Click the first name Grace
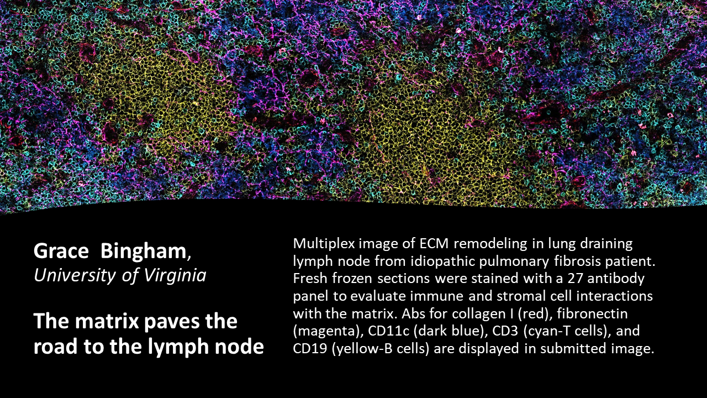(61, 251)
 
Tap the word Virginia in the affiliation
(175, 275)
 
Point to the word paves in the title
(171, 322)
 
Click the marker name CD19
(310, 349)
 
